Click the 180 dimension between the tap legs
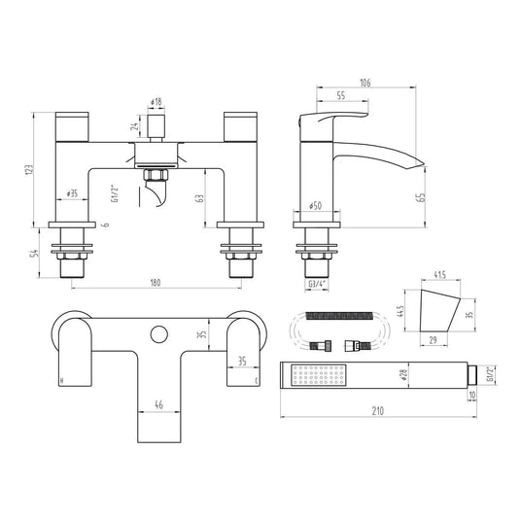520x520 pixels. (156, 283)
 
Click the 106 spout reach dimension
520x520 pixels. (365, 83)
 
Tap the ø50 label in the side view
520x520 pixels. (316, 206)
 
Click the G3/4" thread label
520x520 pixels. (318, 285)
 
